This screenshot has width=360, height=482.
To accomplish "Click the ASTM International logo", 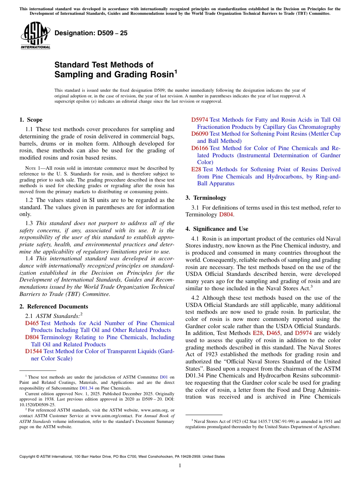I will point(35,36).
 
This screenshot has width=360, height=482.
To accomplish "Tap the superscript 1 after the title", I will point(175,71).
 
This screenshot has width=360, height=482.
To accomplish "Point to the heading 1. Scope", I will point(31,120).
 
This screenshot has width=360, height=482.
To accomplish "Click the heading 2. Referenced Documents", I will point(54,307).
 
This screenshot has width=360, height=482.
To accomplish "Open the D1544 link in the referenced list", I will point(33,351).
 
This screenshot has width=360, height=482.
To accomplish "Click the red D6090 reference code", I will point(199,134).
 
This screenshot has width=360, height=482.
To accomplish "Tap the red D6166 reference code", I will point(199,148).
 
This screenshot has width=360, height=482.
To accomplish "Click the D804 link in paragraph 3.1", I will point(226,215).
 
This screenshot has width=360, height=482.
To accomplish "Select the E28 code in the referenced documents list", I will point(196,169).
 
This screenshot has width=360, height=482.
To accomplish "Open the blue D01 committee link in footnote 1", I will point(164,377).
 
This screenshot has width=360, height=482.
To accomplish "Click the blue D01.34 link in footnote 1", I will point(86,388).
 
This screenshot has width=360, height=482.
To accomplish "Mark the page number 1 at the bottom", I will point(180,466).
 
